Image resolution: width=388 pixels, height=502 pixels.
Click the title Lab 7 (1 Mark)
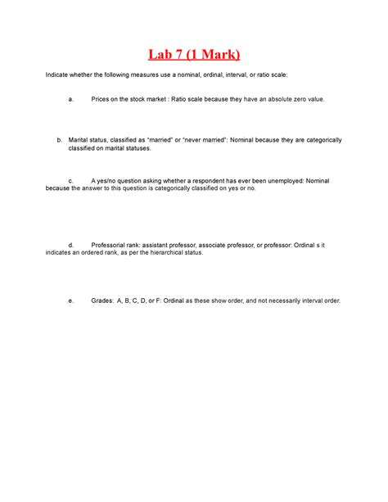click(x=194, y=55)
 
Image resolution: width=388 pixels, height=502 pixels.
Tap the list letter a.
click(x=71, y=99)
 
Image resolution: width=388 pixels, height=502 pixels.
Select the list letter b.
click(x=60, y=140)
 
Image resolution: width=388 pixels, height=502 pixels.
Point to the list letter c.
click(x=71, y=180)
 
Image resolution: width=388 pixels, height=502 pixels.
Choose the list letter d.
click(x=71, y=245)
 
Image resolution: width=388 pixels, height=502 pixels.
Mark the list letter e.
click(x=71, y=301)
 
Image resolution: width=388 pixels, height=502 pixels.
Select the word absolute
click(x=277, y=99)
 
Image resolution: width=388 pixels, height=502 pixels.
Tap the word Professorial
click(x=112, y=245)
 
